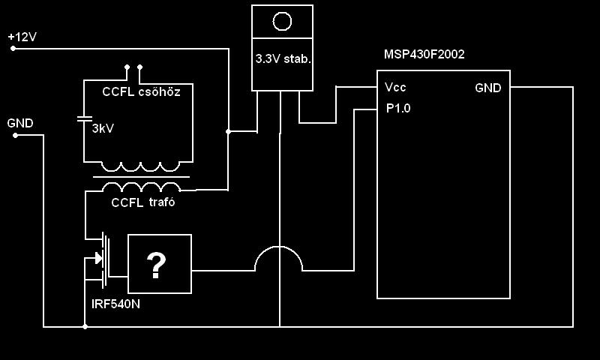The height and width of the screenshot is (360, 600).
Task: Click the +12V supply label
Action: [x=22, y=36]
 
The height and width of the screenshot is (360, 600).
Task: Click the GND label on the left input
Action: [x=20, y=123]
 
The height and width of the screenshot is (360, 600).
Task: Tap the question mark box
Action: [x=159, y=264]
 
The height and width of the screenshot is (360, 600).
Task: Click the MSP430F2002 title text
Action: [x=424, y=55]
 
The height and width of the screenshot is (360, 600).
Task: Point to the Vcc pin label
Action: [x=395, y=87]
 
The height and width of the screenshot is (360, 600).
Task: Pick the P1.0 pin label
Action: [x=398, y=108]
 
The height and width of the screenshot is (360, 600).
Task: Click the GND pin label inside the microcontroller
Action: [x=488, y=88]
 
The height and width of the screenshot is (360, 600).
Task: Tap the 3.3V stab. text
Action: [x=283, y=58]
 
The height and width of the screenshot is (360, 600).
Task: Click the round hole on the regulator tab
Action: [x=281, y=21]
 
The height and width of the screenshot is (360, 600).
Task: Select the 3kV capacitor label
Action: [x=103, y=129]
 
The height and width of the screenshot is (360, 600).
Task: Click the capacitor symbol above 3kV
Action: [x=85, y=118]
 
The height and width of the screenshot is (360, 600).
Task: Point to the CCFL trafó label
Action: [x=143, y=202]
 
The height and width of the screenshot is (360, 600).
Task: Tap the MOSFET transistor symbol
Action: [x=100, y=259]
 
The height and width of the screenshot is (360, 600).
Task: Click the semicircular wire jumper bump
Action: [x=279, y=259]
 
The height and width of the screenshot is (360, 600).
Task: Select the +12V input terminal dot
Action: [x=13, y=49]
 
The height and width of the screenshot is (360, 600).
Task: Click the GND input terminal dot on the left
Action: [x=13, y=135]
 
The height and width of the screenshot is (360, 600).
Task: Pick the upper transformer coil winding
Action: [x=140, y=166]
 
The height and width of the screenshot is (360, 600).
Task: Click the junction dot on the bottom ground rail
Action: [x=85, y=327]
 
